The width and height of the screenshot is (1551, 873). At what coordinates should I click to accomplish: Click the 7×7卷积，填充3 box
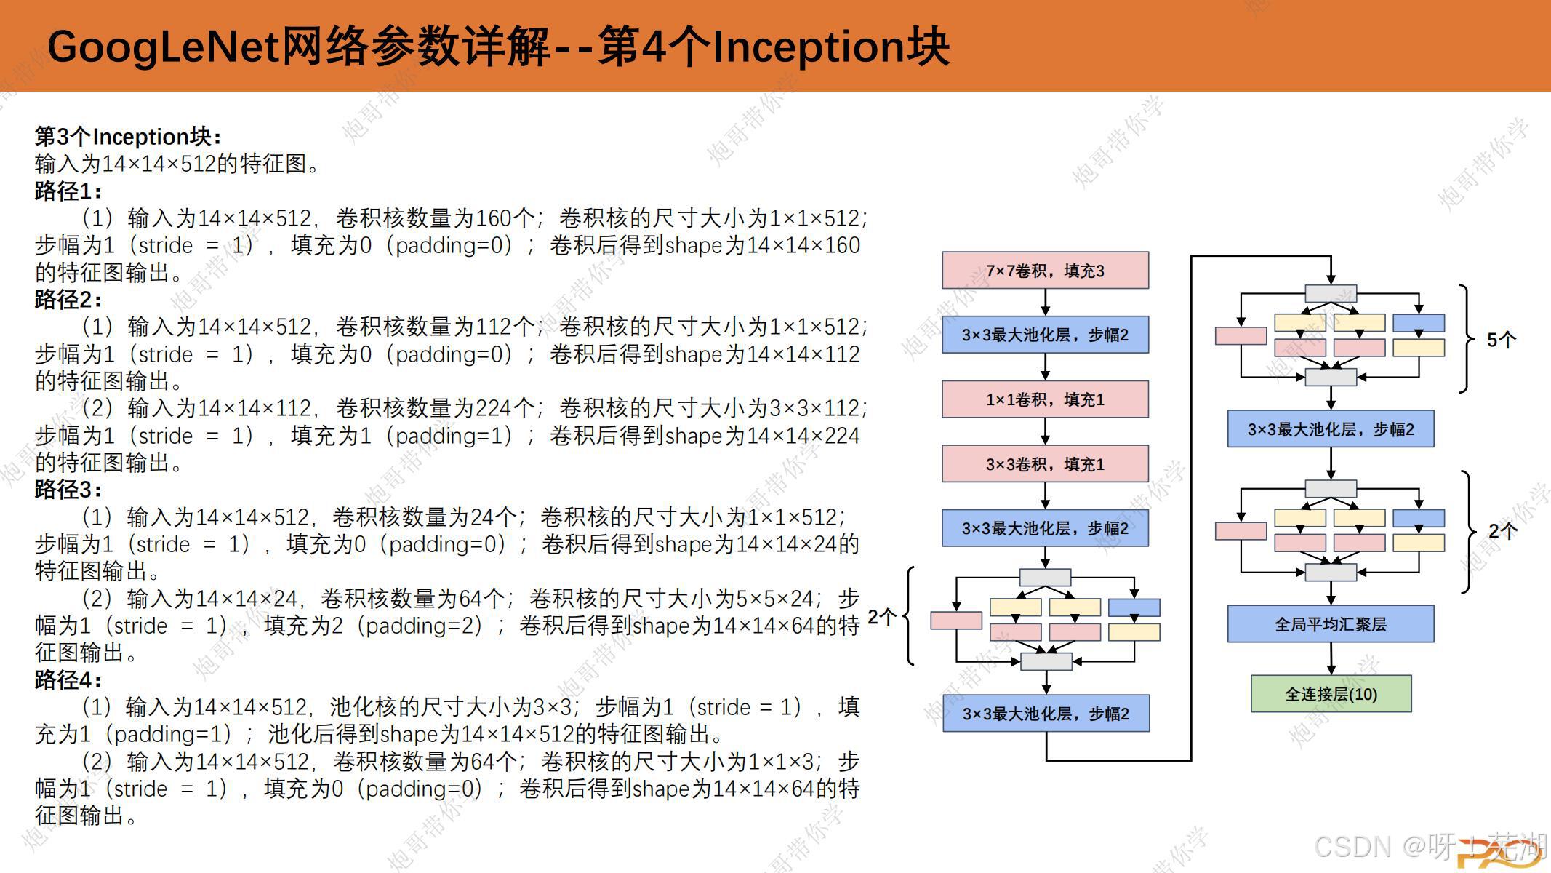pyautogui.click(x=1045, y=271)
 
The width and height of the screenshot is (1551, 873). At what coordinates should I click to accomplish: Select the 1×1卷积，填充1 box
pyautogui.click(x=1045, y=399)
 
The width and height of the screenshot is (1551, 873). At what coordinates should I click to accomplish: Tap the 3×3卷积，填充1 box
pyautogui.click(x=1045, y=464)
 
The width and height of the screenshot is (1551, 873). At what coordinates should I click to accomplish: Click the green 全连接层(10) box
pyautogui.click(x=1331, y=694)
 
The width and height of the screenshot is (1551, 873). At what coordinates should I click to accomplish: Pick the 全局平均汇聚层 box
pyautogui.click(x=1331, y=624)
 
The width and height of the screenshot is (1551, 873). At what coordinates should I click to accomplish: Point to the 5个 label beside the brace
pyautogui.click(x=1501, y=340)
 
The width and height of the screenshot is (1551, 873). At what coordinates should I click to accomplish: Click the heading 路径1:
pyautogui.click(x=68, y=191)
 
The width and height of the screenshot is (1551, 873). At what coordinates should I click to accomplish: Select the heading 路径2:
pyautogui.click(x=68, y=300)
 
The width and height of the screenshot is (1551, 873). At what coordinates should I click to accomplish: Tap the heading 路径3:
pyautogui.click(x=68, y=490)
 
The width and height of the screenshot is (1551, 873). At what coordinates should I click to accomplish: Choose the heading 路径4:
pyautogui.click(x=68, y=680)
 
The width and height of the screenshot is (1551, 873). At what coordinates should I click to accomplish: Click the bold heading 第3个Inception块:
pyautogui.click(x=128, y=137)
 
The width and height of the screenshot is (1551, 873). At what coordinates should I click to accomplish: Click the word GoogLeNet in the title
pyautogui.click(x=164, y=47)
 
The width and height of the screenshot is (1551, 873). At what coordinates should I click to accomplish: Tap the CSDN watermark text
pyautogui.click(x=1352, y=847)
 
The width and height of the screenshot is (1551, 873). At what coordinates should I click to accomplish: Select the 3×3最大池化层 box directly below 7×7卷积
pyautogui.click(x=1045, y=335)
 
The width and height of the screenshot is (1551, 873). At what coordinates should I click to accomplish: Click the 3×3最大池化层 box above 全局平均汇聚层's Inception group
pyautogui.click(x=1331, y=429)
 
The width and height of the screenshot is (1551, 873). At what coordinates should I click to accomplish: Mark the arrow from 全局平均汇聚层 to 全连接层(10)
pyautogui.click(x=1331, y=658)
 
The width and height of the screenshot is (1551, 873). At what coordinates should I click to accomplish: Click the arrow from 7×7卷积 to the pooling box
pyautogui.click(x=1045, y=302)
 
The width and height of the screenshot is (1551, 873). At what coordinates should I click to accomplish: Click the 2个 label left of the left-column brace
pyautogui.click(x=881, y=618)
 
